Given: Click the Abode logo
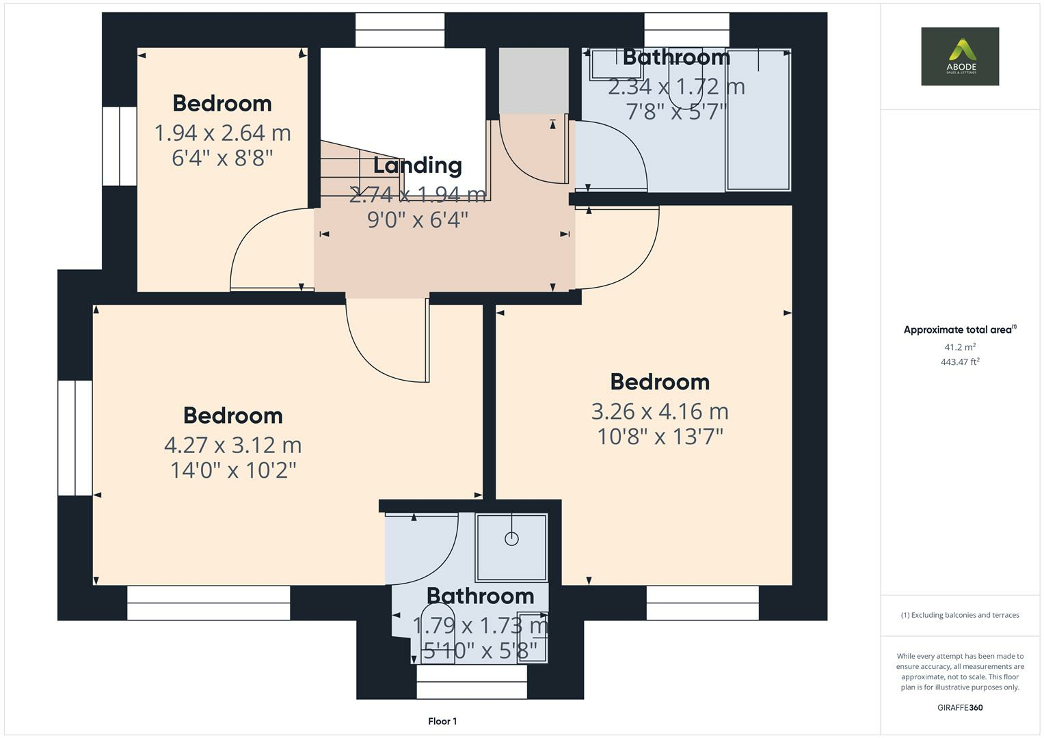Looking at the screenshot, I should pyautogui.click(x=960, y=56).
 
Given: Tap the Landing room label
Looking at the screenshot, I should pyautogui.click(x=417, y=165).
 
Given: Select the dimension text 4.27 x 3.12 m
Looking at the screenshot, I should pyautogui.click(x=232, y=445).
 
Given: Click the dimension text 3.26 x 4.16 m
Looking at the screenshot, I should pyautogui.click(x=660, y=411).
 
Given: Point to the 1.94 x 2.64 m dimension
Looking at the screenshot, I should pyautogui.click(x=222, y=133).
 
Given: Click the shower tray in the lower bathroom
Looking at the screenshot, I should pyautogui.click(x=511, y=547).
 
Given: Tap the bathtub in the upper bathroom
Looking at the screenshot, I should pyautogui.click(x=758, y=120).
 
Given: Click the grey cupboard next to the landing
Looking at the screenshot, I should pyautogui.click(x=533, y=80).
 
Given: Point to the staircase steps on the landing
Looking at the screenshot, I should pyautogui.click(x=349, y=171).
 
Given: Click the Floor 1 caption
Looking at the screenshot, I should pyautogui.click(x=442, y=721).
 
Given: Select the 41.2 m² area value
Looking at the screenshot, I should pyautogui.click(x=960, y=347).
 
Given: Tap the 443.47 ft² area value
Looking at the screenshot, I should pyautogui.click(x=960, y=362).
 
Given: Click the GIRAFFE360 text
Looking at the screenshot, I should pyautogui.click(x=960, y=707).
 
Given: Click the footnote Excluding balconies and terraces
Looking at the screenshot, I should pyautogui.click(x=960, y=615).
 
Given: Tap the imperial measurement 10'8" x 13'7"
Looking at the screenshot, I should pyautogui.click(x=660, y=437).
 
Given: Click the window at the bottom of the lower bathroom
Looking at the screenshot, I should pyautogui.click(x=472, y=681).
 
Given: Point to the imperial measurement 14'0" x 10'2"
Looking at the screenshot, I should pyautogui.click(x=232, y=470).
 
